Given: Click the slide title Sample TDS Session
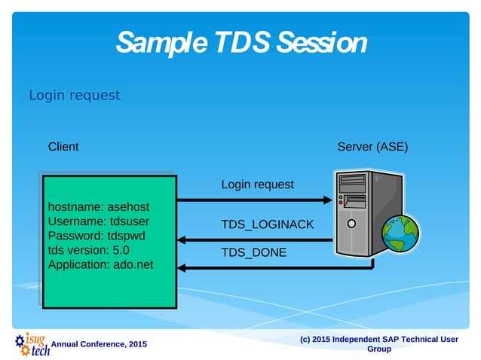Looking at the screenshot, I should [241, 42].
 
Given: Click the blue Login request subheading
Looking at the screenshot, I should [74, 96].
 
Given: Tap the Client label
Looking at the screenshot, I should [63, 147].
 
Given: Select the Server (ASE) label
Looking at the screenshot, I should [372, 147].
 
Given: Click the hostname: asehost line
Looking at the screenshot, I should [93, 207].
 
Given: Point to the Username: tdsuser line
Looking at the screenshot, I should [98, 221].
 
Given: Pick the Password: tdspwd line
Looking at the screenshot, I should [97, 236].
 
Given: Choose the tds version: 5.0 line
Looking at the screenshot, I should [89, 250].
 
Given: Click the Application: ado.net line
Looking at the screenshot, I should [101, 264].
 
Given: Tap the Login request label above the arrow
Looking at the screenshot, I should [257, 185].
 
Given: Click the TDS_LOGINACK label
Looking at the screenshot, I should [267, 225].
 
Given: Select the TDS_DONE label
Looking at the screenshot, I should [253, 253].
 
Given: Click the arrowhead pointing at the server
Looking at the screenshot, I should [327, 200].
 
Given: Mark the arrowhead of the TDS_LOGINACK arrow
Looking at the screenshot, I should [182, 240].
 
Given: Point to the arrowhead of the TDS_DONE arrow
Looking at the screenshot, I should [182, 267].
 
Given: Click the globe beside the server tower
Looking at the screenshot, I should [400, 233].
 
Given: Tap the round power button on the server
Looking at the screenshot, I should [351, 224].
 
